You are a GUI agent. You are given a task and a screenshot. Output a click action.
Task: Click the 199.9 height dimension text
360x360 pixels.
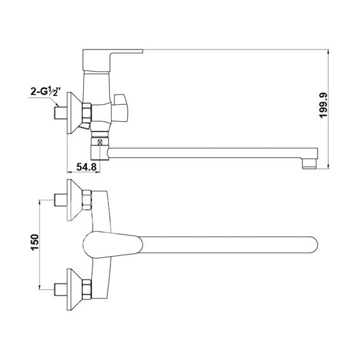point(323,105)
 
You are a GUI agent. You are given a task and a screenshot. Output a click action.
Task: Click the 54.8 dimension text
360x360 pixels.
point(86,167)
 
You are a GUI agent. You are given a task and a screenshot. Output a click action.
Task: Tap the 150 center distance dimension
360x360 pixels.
point(35,242)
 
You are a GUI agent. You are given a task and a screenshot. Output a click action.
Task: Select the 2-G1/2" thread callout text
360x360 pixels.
point(46,91)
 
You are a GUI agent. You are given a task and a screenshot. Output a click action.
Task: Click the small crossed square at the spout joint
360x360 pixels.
point(100,142)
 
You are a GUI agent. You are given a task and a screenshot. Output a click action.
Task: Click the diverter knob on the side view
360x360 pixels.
point(120,108)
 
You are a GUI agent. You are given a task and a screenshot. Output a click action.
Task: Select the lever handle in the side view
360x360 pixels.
point(112,60)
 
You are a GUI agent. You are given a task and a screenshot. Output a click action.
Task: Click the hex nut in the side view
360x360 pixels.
point(87,113)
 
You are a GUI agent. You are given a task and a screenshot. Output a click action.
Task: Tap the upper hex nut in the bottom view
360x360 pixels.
point(87,200)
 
